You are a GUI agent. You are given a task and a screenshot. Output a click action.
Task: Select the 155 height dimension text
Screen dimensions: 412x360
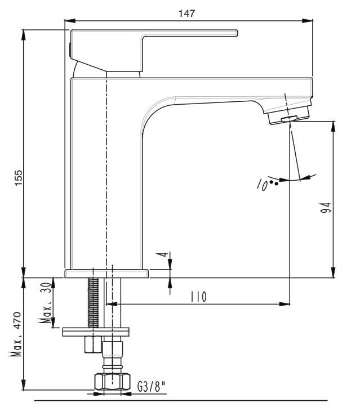tap(17, 179)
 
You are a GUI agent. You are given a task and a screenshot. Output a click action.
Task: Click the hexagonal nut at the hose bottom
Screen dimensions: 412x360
tap(112, 383)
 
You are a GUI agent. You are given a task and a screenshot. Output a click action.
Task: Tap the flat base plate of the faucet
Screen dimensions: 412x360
tap(106, 274)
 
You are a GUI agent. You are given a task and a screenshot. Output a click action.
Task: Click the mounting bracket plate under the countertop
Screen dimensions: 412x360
tap(95, 332)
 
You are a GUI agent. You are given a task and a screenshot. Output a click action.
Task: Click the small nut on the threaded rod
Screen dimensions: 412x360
tap(92, 344)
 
